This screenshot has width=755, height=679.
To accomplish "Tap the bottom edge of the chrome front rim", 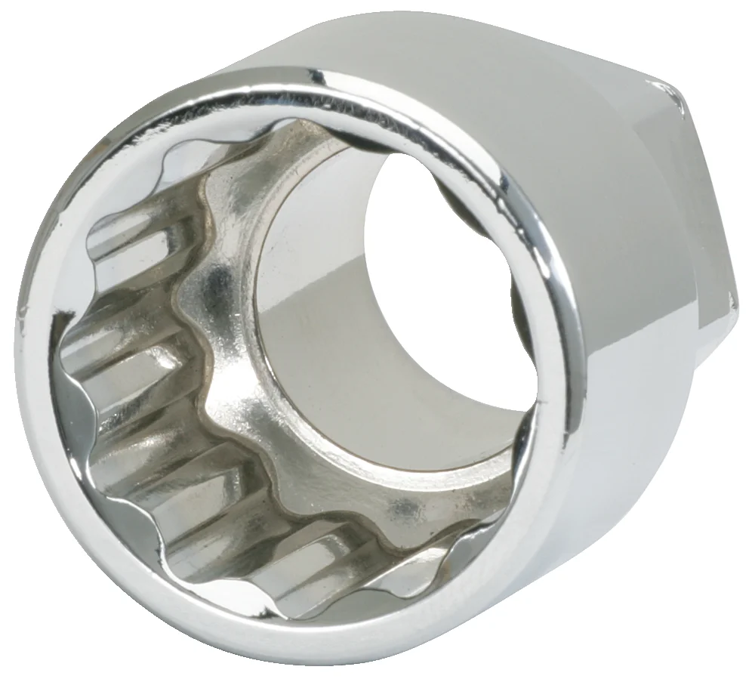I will click(302, 642).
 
